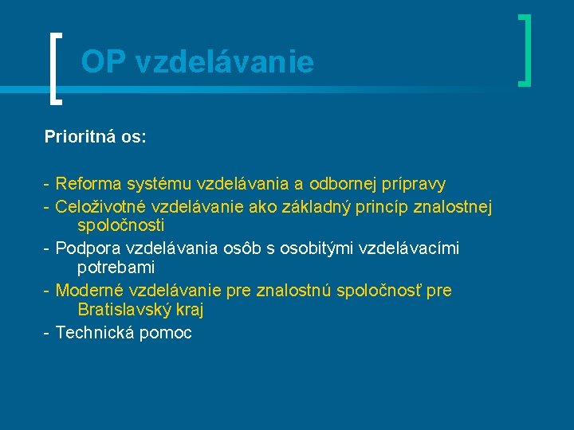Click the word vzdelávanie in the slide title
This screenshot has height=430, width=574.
pos(225,61)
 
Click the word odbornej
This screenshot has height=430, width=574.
pos(367,184)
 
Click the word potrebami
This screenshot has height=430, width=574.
pos(116,268)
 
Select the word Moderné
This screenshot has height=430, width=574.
pos(88,291)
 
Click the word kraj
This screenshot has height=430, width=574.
pos(189,310)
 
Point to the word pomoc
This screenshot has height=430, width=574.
pos(165,333)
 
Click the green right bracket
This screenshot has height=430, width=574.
pos(525,49)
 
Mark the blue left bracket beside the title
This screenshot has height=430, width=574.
pos(54,68)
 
